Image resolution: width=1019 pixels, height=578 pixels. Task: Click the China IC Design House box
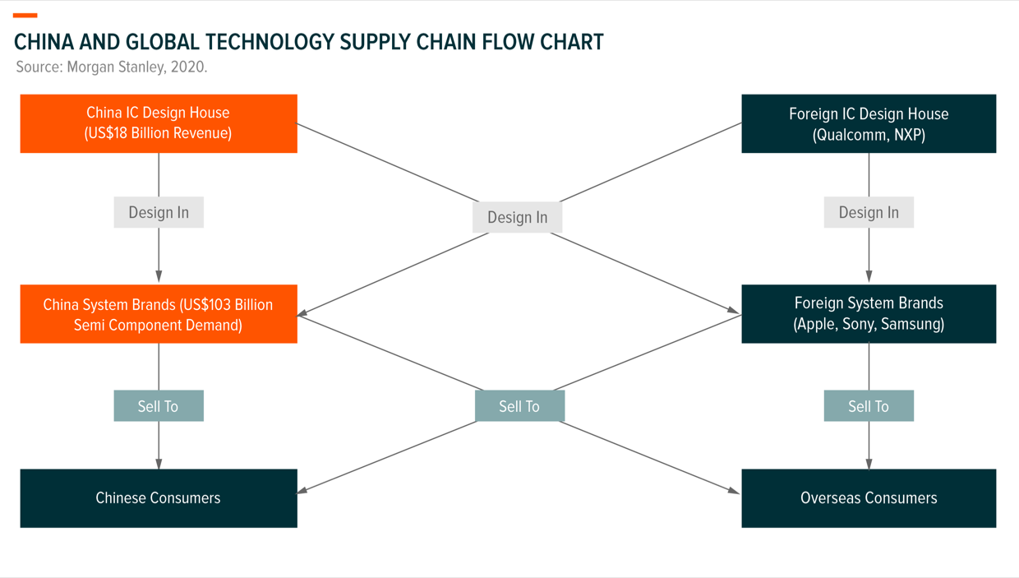[x=159, y=123]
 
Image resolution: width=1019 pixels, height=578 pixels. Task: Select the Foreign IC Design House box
[x=869, y=123]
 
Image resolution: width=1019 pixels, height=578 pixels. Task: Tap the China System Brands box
[x=159, y=314]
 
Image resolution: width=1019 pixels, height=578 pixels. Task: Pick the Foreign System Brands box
[x=869, y=314]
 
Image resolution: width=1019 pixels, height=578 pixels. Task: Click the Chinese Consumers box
[x=159, y=498]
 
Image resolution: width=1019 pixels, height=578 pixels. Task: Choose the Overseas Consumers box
[x=869, y=498]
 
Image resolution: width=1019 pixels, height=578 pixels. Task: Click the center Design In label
[x=517, y=217]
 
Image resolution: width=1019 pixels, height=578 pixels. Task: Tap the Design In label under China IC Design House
[x=159, y=212]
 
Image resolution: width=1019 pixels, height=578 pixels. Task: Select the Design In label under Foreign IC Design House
[x=869, y=212]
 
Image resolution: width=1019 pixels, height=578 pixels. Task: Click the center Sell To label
[x=519, y=406]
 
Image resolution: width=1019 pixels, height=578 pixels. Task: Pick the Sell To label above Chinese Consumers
[x=159, y=406]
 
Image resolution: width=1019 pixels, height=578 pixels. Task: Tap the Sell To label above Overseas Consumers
[x=869, y=406]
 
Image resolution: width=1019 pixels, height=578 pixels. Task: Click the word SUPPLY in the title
[x=375, y=42]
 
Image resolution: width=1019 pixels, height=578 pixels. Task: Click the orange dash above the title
[x=25, y=16]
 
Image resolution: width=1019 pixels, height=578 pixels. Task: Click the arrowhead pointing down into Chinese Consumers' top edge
[x=159, y=464]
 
